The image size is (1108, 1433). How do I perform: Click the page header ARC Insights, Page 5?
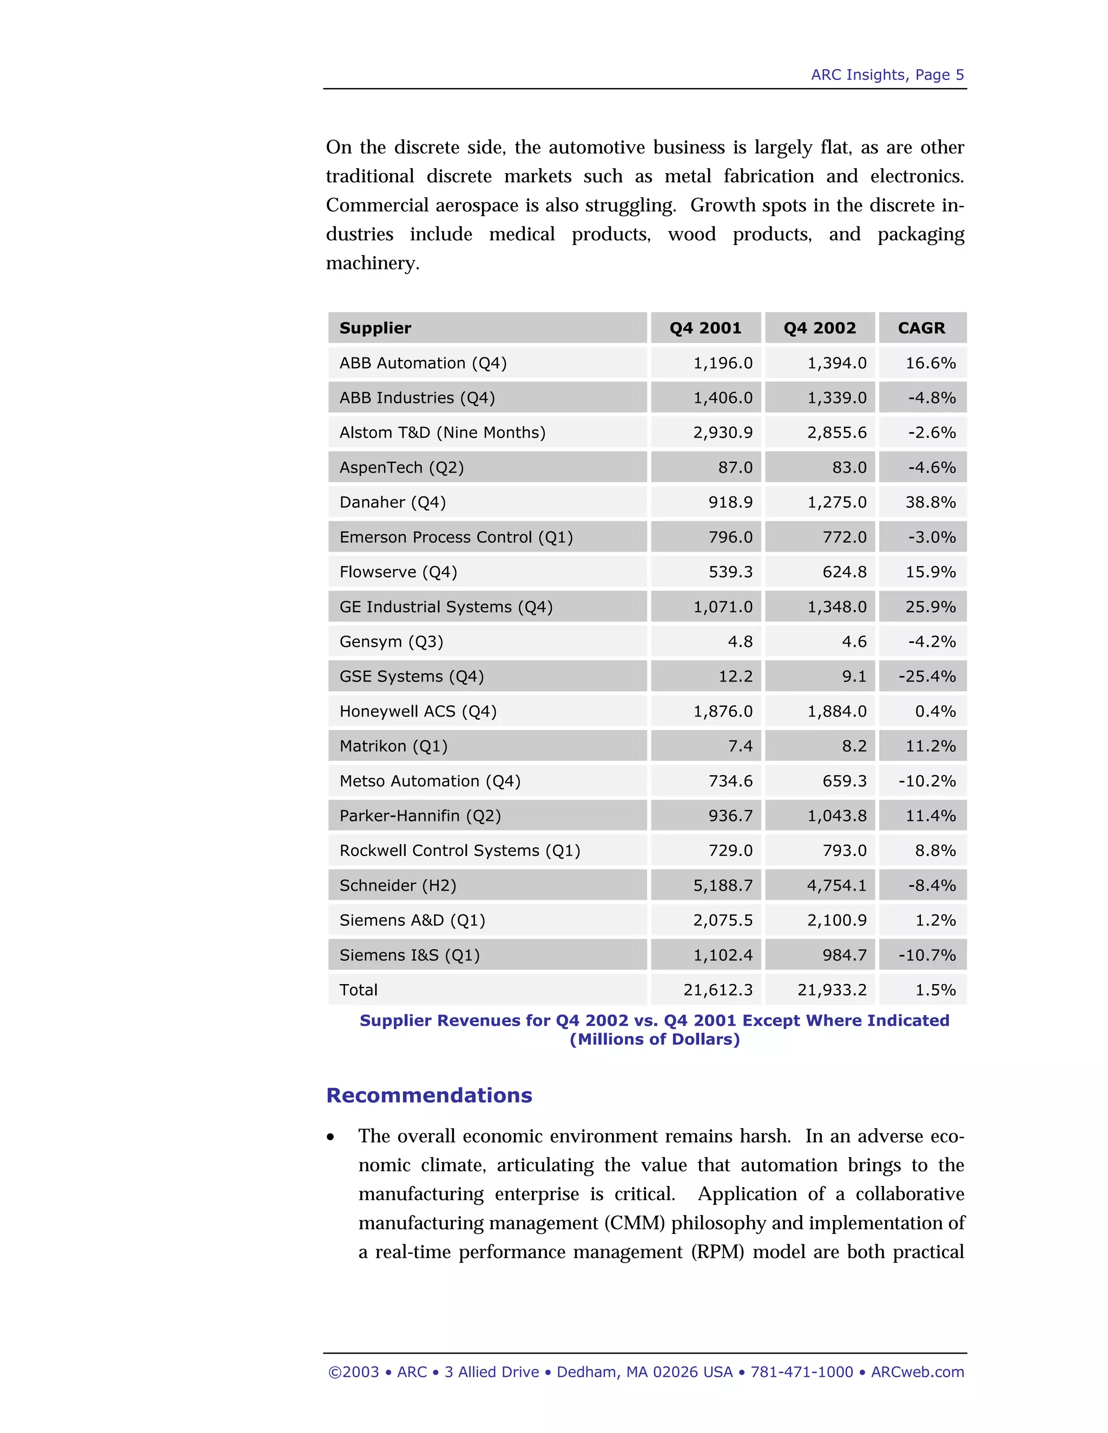pos(887,75)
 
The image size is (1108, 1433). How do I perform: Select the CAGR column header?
pos(921,328)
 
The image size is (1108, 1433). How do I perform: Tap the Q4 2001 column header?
pos(705,328)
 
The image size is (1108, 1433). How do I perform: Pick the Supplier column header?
pos(375,328)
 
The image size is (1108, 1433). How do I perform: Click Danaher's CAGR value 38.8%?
pos(930,502)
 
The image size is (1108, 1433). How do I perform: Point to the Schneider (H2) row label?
pos(397,886)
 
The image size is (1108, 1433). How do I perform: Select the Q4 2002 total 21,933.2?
pos(832,990)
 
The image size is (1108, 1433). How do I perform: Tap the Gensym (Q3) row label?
pos(391,642)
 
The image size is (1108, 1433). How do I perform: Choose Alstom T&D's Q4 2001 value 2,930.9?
pos(723,433)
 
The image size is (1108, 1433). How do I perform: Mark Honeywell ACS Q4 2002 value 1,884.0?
pos(836,711)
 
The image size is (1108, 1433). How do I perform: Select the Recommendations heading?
pos(428,1096)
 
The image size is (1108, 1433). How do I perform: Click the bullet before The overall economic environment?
pos(331,1137)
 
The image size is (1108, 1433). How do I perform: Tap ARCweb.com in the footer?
pos(917,1372)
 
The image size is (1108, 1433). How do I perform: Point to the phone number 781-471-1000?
pos(801,1372)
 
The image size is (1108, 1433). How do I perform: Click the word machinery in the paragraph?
pos(372,264)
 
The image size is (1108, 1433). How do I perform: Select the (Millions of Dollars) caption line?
pos(655,1040)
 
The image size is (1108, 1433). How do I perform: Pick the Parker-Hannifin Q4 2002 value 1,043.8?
pos(836,816)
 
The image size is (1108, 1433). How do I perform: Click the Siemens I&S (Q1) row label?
pos(409,956)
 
